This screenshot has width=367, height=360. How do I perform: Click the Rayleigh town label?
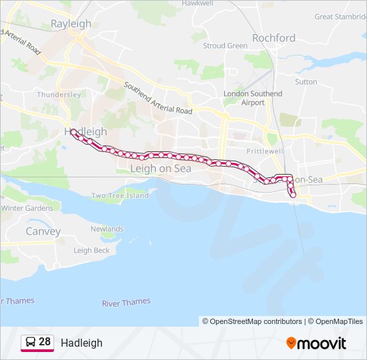[71, 23]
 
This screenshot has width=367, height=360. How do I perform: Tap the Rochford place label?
[274, 38]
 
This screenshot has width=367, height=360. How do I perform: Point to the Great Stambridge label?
[340, 17]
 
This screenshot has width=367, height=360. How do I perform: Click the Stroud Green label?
[225, 46]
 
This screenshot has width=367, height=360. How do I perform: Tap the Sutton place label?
[306, 82]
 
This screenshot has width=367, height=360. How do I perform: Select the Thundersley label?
[59, 95]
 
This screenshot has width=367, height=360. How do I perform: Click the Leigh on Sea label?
[160, 169]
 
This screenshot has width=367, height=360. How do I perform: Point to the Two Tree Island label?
[120, 196]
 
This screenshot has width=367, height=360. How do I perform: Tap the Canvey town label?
[43, 231]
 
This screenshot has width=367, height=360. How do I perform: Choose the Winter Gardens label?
[27, 208]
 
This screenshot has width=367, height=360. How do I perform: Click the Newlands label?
[107, 229]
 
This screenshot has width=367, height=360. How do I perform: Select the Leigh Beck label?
[91, 251]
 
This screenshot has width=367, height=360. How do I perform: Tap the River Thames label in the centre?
[126, 303]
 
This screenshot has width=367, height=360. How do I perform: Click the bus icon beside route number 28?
[30, 342]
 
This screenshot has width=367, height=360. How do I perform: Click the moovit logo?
[316, 343]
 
